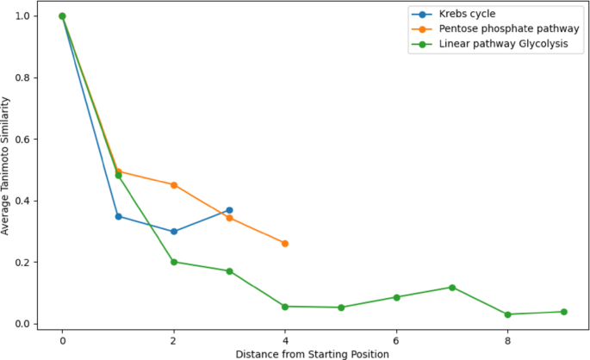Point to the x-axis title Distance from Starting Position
tap(313, 353)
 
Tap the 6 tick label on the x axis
tap(396, 339)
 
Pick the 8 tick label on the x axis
tap(508, 339)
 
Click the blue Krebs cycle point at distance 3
tap(229, 210)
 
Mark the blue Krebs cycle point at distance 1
tap(118, 216)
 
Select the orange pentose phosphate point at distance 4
tap(285, 244)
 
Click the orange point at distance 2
tap(174, 185)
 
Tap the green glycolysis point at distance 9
tap(563, 312)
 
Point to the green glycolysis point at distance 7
tap(452, 288)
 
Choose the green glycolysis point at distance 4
tap(285, 307)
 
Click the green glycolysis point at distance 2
tap(174, 262)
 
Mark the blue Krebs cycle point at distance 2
tap(174, 232)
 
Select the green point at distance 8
tap(508, 314)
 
